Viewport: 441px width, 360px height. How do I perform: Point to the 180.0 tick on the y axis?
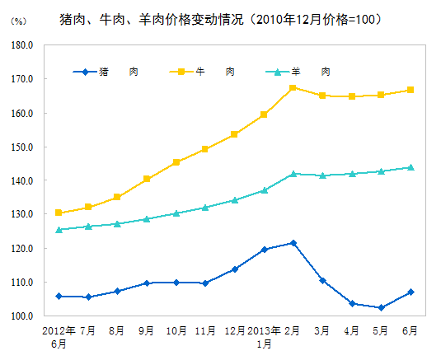(x=21, y=46)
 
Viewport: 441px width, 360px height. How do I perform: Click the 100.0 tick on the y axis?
(x=21, y=316)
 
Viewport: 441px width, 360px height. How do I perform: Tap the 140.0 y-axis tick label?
(x=21, y=181)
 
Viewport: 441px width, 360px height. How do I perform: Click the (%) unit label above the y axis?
(x=17, y=20)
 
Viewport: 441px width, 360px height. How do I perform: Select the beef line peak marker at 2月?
(x=293, y=87)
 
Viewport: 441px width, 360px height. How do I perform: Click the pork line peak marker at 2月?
(x=293, y=243)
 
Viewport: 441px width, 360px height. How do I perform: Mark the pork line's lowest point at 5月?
(x=381, y=308)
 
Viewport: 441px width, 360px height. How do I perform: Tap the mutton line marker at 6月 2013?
(x=411, y=167)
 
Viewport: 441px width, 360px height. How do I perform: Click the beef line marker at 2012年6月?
(x=59, y=213)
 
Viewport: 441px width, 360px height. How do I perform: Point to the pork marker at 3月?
(x=322, y=281)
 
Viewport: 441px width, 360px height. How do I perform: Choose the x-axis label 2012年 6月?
(x=59, y=337)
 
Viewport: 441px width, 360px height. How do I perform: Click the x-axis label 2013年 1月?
(x=264, y=337)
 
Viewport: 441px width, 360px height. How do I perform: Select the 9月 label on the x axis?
(x=147, y=330)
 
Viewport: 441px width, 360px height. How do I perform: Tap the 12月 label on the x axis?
(x=234, y=330)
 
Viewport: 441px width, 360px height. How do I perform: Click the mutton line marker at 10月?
(x=176, y=213)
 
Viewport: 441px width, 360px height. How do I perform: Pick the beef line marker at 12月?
(x=234, y=134)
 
